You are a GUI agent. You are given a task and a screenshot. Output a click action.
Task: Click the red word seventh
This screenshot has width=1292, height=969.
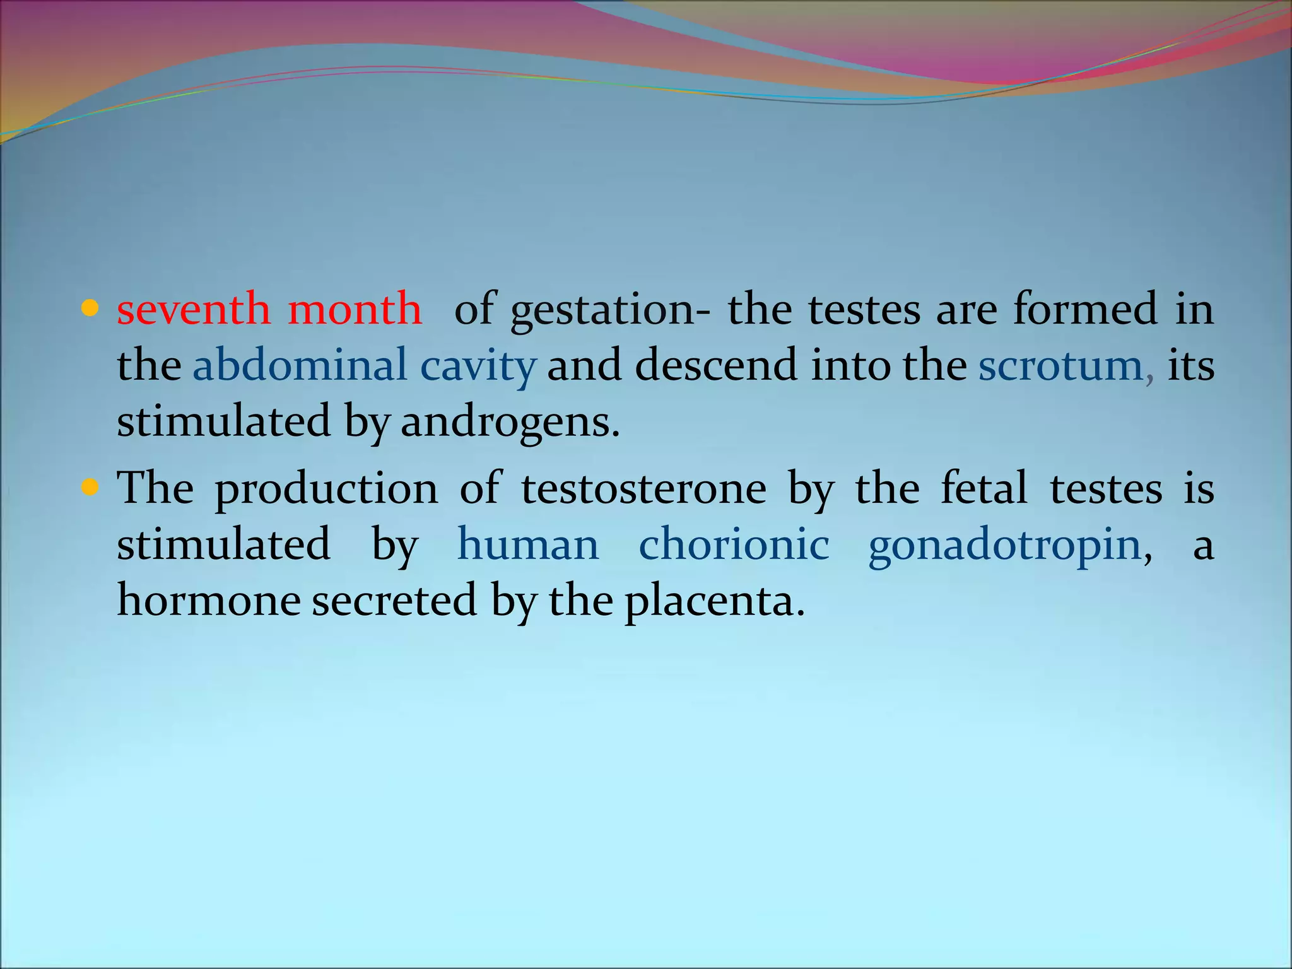coord(193,309)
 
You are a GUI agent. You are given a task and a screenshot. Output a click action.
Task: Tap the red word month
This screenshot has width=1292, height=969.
coord(355,309)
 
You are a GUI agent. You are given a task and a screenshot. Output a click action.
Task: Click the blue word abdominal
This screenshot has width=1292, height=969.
coord(300,365)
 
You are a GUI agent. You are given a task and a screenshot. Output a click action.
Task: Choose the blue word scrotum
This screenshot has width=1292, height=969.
coord(1062,365)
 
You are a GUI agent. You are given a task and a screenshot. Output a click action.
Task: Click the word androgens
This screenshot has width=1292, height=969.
coord(510,422)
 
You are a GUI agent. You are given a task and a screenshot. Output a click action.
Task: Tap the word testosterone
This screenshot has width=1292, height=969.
coord(643,488)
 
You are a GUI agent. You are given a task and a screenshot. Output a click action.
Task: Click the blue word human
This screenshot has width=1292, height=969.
coord(528,544)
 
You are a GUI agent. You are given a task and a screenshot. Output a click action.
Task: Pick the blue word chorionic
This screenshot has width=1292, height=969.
coord(734,544)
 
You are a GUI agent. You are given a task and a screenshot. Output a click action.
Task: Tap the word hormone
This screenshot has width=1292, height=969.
coord(209,601)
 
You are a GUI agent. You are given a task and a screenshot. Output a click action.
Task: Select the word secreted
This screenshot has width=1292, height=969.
coord(394,601)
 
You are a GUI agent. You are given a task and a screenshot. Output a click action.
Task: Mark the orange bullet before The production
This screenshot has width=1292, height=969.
coord(90,488)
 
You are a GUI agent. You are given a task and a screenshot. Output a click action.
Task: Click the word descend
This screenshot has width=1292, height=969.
coord(716,365)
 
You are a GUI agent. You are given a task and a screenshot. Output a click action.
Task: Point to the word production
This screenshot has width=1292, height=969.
coord(327,490)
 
